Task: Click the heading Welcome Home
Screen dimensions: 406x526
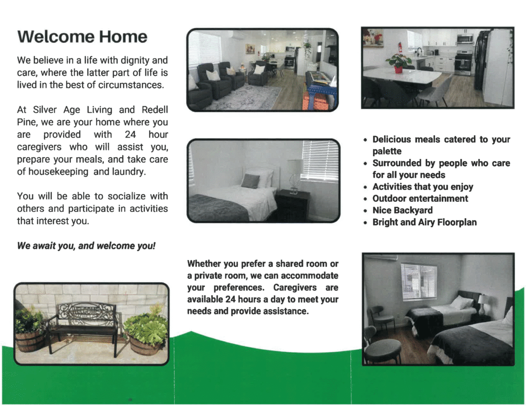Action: coord(82,37)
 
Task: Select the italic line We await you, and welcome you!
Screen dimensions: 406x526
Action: coord(86,246)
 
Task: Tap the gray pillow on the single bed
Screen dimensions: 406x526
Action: coord(251,181)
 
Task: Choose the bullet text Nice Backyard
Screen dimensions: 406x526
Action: coord(402,210)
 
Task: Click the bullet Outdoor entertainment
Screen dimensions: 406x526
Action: coord(420,199)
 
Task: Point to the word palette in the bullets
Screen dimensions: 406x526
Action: coord(387,151)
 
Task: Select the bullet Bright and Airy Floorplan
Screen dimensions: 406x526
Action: coord(424,222)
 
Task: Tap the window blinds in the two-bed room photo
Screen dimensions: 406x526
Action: coord(418,281)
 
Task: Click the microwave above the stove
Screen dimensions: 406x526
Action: coord(464,38)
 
